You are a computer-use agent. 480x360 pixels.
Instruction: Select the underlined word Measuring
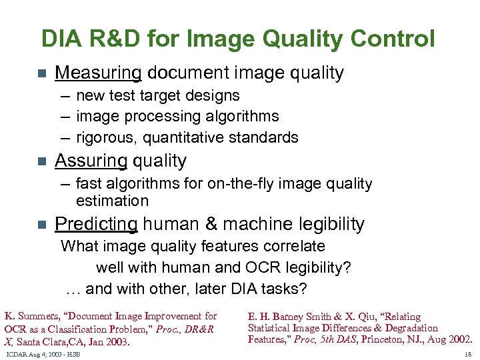(x=98, y=73)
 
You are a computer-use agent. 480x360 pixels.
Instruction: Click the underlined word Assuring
(x=91, y=161)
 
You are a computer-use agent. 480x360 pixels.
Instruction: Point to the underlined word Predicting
(x=96, y=224)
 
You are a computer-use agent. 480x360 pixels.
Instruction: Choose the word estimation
(x=112, y=201)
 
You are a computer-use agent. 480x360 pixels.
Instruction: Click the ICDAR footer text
(x=42, y=353)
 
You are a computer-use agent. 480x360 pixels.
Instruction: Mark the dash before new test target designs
(x=65, y=95)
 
